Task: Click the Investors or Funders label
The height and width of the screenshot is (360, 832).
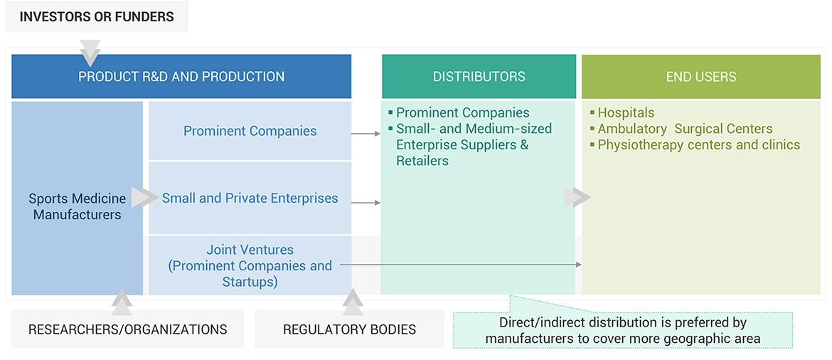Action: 97,16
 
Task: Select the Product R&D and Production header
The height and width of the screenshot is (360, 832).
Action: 181,77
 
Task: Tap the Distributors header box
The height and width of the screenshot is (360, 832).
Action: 479,77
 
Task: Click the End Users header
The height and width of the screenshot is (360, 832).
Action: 700,77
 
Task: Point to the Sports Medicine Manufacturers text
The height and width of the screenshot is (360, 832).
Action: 78,206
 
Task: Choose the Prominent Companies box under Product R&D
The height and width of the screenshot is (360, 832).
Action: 250,131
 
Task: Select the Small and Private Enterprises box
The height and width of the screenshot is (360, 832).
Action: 250,198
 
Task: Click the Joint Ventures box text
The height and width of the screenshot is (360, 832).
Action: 250,265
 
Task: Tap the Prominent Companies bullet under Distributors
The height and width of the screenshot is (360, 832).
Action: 462,112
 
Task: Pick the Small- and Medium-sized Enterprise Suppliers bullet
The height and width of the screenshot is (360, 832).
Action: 474,144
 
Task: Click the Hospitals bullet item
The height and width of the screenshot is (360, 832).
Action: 626,112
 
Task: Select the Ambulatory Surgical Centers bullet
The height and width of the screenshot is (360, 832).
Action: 685,129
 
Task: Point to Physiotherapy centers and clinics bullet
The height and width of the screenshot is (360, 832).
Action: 698,145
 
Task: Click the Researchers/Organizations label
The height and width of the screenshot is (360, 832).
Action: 128,329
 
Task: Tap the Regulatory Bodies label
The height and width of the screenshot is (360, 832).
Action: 349,329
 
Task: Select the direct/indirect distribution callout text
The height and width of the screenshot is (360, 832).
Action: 623,330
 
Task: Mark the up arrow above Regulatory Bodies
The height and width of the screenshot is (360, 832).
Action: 353,302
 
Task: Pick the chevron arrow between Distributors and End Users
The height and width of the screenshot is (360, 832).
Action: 577,198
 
